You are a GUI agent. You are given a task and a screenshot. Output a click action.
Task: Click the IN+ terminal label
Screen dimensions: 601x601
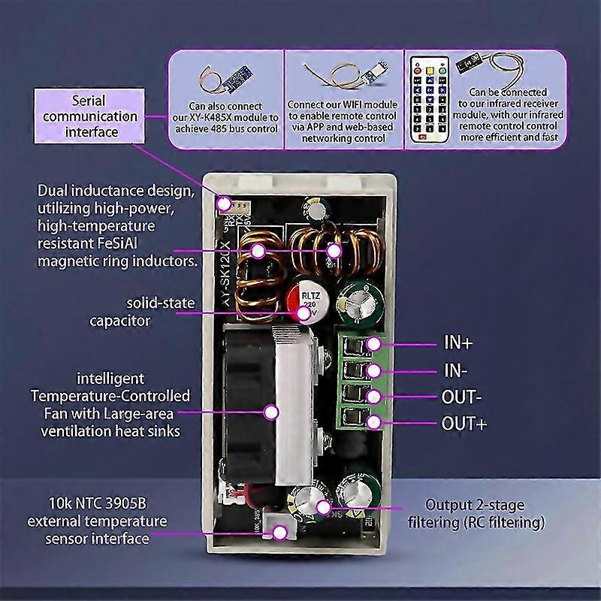[458, 343]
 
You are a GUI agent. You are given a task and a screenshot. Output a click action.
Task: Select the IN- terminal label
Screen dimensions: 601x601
[456, 370]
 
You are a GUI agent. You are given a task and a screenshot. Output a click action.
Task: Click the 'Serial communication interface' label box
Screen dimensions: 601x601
[89, 116]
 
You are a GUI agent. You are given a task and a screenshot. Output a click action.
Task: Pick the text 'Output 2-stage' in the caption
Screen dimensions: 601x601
[475, 505]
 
